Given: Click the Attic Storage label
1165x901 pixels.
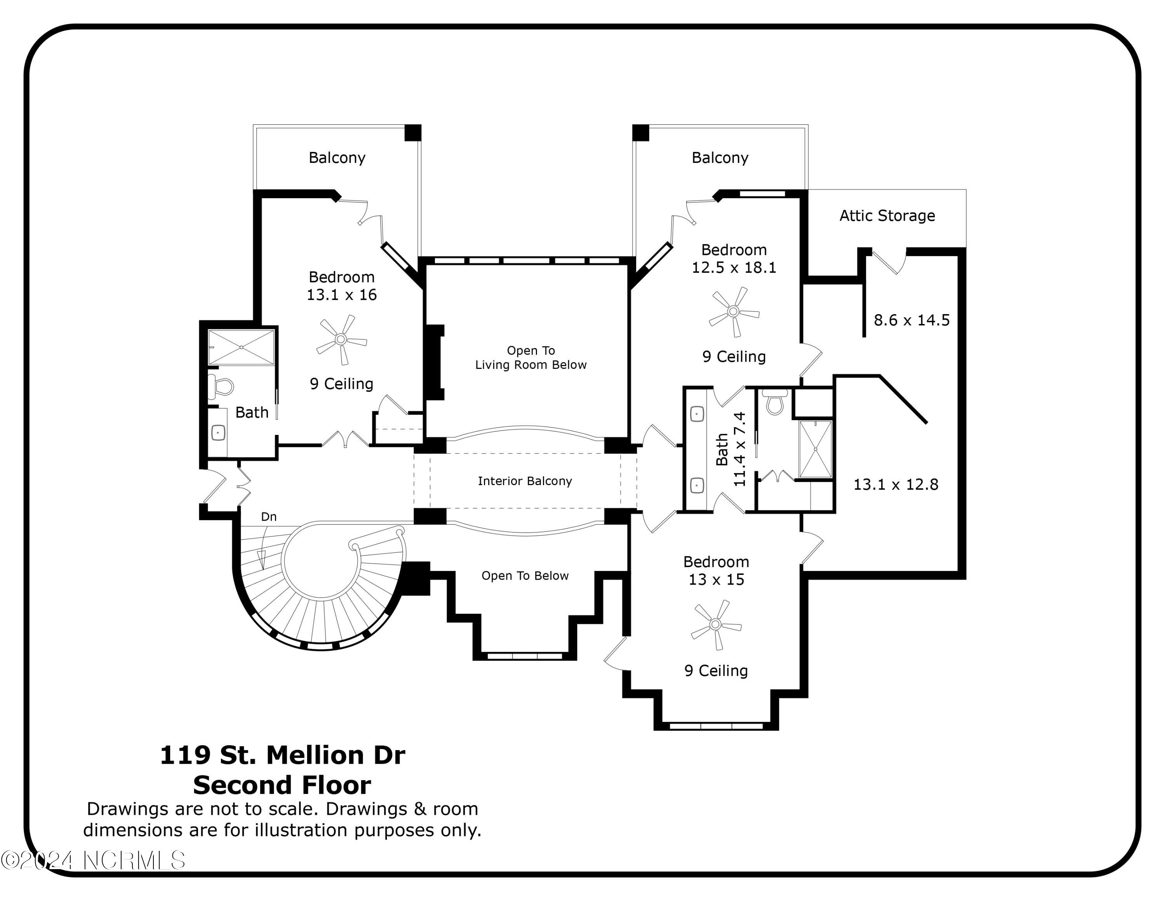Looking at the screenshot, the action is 887,216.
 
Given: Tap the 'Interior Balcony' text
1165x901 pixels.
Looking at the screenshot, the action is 525,481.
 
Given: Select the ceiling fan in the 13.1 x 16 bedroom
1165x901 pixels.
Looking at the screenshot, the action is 341,339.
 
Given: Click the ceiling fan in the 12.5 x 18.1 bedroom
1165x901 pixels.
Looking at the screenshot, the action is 734,312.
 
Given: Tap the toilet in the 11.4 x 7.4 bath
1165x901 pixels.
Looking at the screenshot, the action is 775,402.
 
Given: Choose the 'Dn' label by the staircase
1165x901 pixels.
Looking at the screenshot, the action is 269,517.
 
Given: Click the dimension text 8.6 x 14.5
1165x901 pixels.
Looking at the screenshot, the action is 912,320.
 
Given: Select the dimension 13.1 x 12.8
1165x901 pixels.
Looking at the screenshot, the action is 895,485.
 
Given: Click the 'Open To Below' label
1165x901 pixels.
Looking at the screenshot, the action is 525,575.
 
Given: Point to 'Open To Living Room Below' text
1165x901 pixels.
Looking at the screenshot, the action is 531,358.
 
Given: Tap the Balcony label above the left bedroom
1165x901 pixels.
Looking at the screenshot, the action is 337,158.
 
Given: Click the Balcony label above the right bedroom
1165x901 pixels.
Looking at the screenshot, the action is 720,158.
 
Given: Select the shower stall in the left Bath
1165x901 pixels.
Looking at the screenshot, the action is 241,347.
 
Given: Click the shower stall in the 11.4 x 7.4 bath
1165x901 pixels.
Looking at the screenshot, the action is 815,449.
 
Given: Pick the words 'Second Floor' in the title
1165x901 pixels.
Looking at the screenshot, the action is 282,785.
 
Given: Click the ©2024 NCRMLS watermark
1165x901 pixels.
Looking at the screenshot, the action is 93,861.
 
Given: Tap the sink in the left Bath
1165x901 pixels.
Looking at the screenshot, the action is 218,432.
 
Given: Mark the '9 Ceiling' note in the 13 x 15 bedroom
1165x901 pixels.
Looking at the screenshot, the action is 716,671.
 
